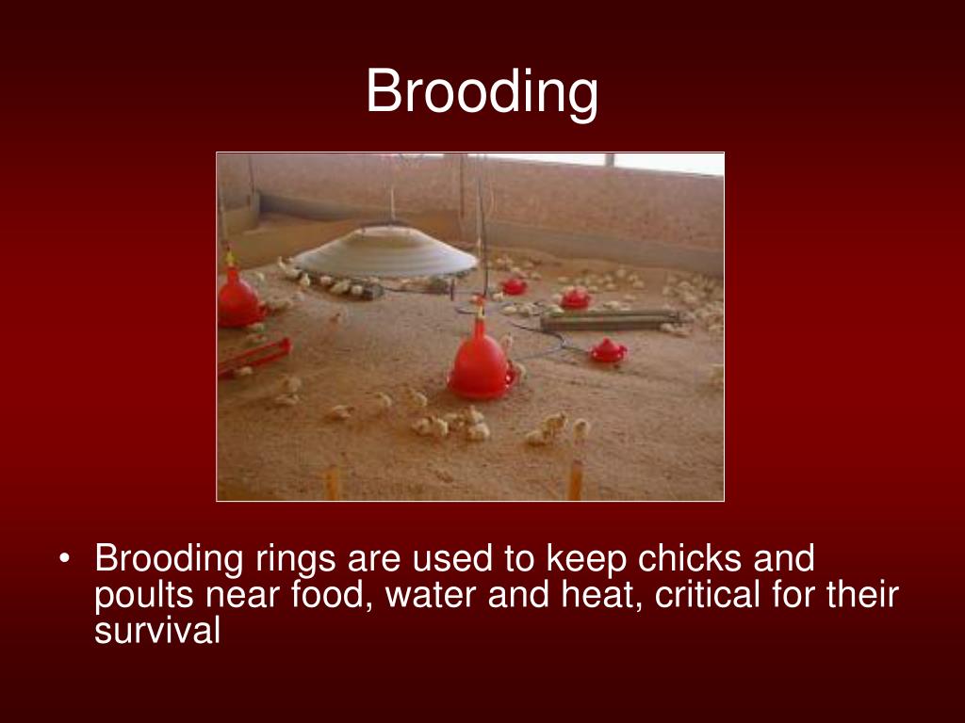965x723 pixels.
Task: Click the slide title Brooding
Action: point(482,92)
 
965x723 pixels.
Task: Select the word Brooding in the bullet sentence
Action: point(170,559)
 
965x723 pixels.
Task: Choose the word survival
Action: point(157,631)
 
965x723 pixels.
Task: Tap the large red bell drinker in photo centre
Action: point(481,362)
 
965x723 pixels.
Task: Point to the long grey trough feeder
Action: point(613,319)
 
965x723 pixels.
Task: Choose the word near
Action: point(250,595)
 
